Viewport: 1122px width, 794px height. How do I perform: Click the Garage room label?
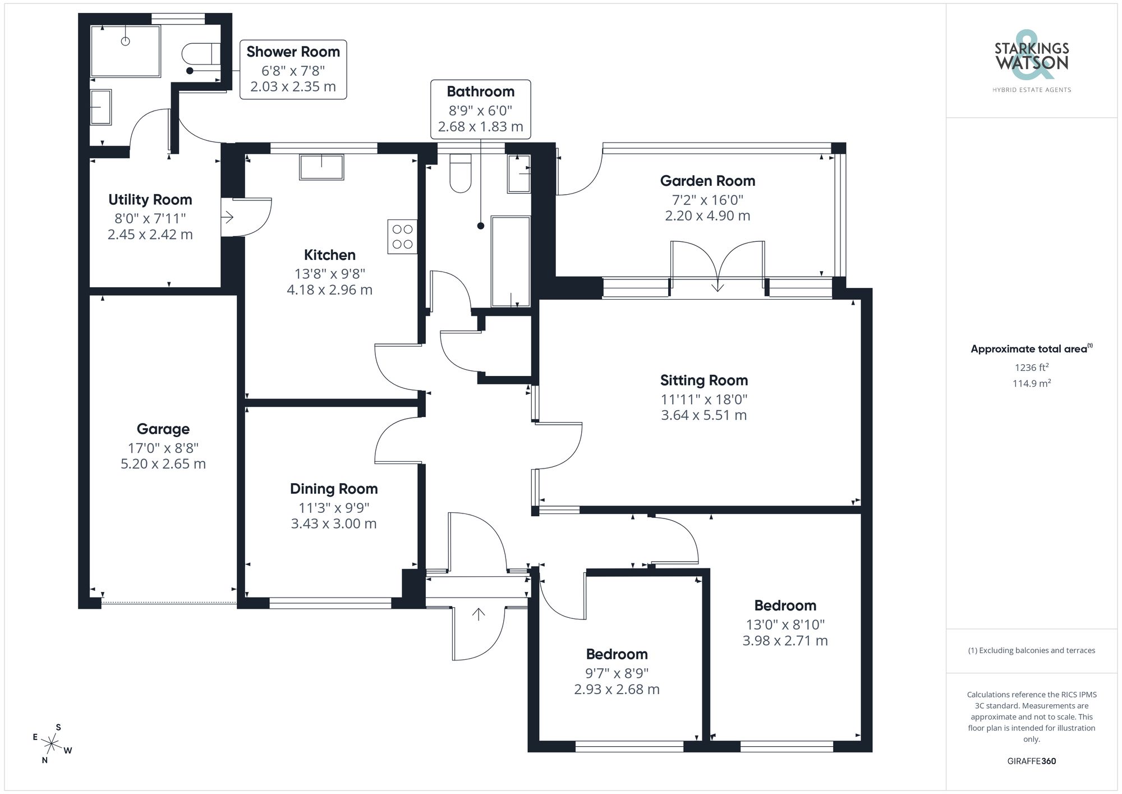coord(163,429)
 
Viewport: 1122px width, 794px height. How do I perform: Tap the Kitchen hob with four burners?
coord(402,237)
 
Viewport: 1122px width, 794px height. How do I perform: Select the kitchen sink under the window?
coord(321,167)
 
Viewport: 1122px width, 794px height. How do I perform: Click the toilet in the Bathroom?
coord(461,173)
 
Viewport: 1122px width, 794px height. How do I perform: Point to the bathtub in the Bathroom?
coord(511,261)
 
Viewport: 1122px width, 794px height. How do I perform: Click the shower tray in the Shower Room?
coord(126,51)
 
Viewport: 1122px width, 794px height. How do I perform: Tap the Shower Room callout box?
coord(293,70)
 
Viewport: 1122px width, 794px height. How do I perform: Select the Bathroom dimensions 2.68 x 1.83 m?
coord(480,127)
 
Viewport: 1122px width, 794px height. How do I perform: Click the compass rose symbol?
coord(52,745)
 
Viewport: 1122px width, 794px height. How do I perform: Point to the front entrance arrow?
coord(478,614)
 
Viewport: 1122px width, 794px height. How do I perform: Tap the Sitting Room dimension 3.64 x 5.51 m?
coord(703,415)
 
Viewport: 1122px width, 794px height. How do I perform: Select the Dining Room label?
coord(334,489)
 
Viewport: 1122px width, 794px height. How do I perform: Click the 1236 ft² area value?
coord(1031,368)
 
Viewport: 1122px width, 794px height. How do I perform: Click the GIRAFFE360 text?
coord(1031,761)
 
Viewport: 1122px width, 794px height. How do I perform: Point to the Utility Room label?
coord(150,200)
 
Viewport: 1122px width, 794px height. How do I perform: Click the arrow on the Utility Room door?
coord(228,217)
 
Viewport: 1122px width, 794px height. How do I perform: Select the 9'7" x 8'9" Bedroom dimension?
coord(617,673)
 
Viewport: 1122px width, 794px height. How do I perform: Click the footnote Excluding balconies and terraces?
coord(1031,650)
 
